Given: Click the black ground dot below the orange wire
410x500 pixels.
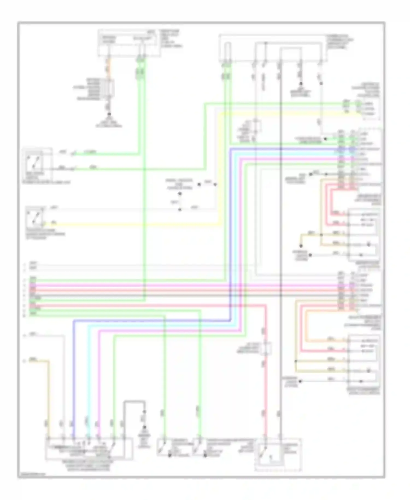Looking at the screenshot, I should point(109,114).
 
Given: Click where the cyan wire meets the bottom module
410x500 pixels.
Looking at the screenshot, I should point(88,438).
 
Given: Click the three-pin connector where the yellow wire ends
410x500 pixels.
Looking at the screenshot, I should point(370,109).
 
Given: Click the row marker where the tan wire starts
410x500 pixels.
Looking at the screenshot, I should point(24,361).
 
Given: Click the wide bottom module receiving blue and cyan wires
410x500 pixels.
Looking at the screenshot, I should point(89,449).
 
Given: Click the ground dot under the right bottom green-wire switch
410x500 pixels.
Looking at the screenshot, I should point(205,456).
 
